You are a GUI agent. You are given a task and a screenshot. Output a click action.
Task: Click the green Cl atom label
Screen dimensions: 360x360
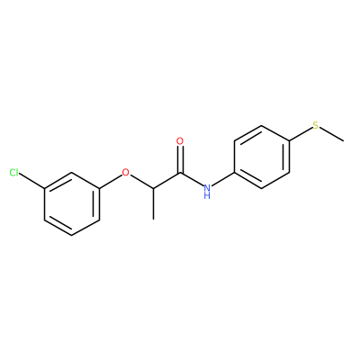(x=14, y=173)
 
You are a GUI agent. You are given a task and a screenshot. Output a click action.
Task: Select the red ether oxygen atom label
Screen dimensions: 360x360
(x=126, y=173)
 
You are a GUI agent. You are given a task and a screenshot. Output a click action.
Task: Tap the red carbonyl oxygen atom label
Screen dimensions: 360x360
(x=180, y=141)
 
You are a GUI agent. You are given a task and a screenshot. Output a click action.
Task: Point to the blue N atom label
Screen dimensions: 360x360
(x=207, y=188)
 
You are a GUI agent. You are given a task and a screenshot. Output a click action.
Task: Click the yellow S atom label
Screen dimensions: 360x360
(x=316, y=125)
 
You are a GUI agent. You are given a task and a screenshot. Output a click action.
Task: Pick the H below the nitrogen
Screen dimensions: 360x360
(x=207, y=196)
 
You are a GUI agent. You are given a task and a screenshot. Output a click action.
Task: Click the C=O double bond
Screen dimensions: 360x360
(x=180, y=159)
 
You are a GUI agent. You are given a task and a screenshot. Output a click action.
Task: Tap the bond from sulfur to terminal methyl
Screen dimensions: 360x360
(x=331, y=135)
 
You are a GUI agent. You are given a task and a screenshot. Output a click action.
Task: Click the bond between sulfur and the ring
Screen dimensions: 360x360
(x=301, y=134)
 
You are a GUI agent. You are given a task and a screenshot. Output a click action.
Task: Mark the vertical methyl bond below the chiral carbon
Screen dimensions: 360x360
(x=153, y=203)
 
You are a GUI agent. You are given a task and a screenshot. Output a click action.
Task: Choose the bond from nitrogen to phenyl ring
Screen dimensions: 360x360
(x=222, y=179)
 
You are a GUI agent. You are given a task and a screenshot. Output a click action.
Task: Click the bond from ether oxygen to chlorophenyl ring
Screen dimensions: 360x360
(x=111, y=182)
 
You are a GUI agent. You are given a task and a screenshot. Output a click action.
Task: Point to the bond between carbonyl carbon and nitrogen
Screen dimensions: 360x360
(x=192, y=180)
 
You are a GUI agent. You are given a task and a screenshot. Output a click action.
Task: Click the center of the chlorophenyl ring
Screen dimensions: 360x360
(x=72, y=204)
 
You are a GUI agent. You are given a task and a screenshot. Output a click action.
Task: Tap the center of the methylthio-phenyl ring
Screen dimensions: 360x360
(x=262, y=157)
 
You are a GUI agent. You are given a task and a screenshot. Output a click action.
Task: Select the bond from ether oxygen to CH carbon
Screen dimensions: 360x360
(x=141, y=182)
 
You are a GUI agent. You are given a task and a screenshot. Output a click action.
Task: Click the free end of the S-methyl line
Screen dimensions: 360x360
(x=344, y=141)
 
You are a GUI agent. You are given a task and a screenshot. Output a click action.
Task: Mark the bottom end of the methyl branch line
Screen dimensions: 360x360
(x=153, y=220)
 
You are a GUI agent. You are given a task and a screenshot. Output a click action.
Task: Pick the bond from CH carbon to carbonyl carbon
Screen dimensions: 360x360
(x=166, y=181)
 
